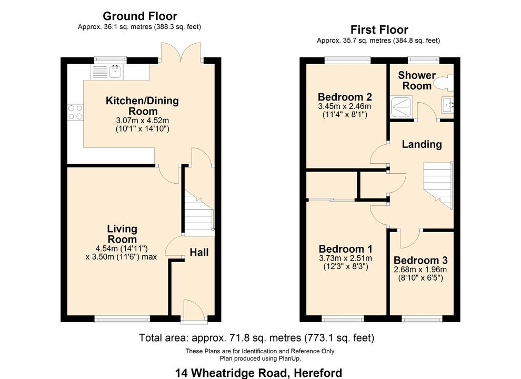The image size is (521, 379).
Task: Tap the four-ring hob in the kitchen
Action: coord(75,113)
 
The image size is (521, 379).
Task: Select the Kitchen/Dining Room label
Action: coord(142,106)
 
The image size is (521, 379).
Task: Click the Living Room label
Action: coord(122,234)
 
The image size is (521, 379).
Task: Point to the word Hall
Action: coord(199,252)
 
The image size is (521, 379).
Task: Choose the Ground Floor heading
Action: coord(140,16)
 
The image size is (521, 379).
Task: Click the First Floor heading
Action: coord(379,30)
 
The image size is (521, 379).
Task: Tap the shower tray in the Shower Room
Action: coord(402,107)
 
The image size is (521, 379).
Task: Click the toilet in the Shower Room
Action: coord(443,82)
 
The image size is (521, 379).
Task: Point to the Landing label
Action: coord(422,144)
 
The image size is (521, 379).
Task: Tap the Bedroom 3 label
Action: coord(420,261)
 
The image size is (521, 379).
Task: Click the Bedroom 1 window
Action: coord(343,318)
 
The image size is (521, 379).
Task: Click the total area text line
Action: coord(256,337)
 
